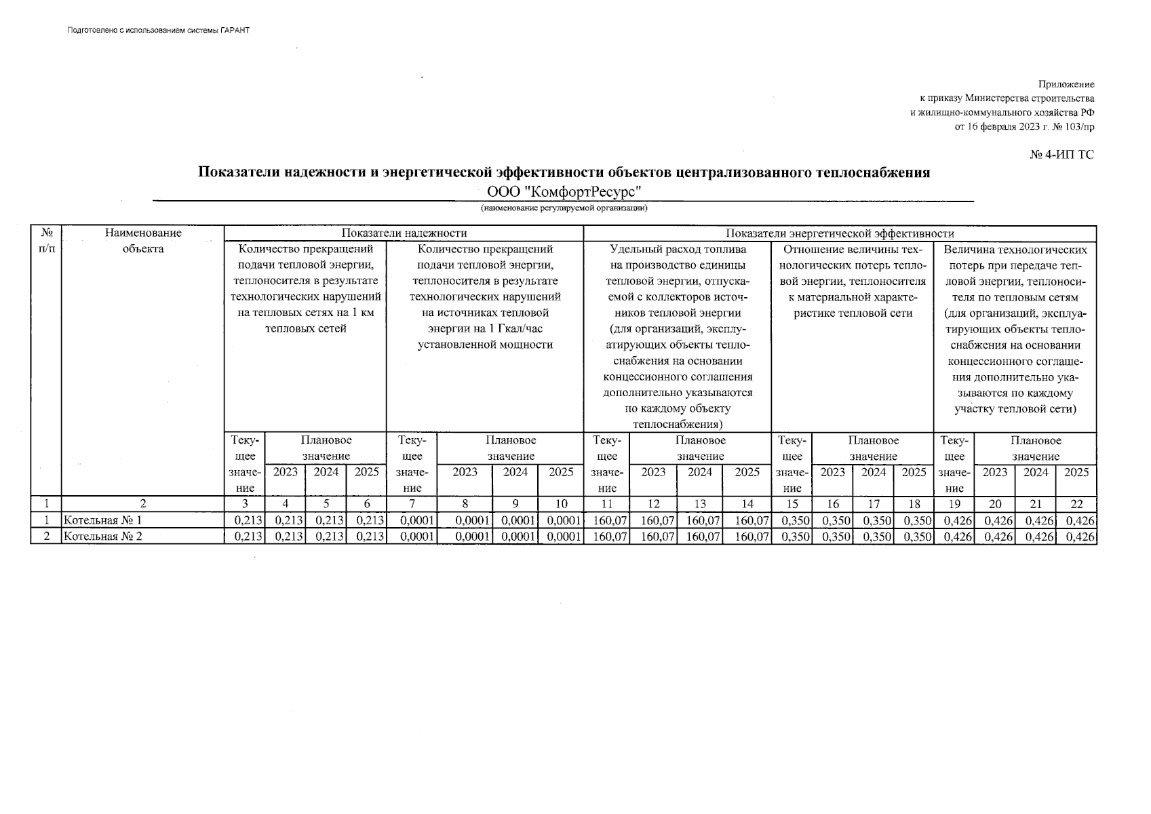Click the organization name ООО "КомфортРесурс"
pos(564,191)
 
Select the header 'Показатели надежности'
pos(404,233)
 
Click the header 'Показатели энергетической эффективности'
pos(840,233)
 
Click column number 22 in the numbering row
pos(1076,504)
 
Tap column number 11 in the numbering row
pos(607,504)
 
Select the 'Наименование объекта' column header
pos(143,241)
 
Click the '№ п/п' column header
pos(46,241)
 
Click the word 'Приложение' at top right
pos(1066,85)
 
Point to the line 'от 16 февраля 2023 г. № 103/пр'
pos(1024,127)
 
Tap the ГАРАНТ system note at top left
pos(159,31)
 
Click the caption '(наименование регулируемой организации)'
pos(564,208)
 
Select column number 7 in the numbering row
pos(411,504)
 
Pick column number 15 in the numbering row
pos(792,504)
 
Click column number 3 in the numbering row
pos(245,504)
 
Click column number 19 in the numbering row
pos(954,504)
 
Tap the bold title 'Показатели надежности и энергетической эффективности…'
pos(564,172)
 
